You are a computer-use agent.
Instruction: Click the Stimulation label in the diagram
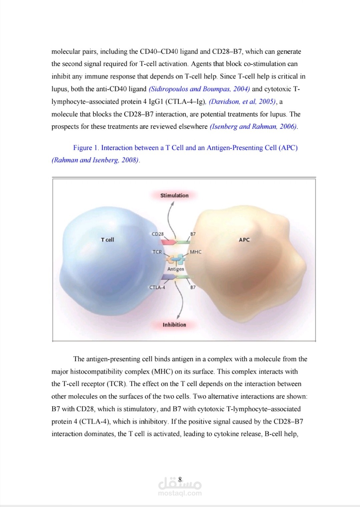174,195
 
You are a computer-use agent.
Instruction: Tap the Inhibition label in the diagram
174,325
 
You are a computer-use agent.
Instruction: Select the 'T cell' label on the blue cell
107,239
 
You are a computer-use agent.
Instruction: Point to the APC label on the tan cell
244,239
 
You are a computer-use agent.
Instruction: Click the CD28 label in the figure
158,234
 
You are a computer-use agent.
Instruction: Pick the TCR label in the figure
157,252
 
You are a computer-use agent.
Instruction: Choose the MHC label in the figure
196,252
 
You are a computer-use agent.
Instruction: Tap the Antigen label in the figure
176,269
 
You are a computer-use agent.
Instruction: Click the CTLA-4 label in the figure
157,287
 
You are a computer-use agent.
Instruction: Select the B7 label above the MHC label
193,234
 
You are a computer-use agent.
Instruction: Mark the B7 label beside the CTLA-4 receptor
193,287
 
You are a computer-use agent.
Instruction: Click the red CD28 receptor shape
169,242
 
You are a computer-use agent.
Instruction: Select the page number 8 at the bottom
180,479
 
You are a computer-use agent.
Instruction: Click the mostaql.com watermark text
180,493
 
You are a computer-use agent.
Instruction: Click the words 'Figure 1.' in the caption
86,148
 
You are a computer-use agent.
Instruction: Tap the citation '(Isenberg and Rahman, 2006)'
253,127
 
